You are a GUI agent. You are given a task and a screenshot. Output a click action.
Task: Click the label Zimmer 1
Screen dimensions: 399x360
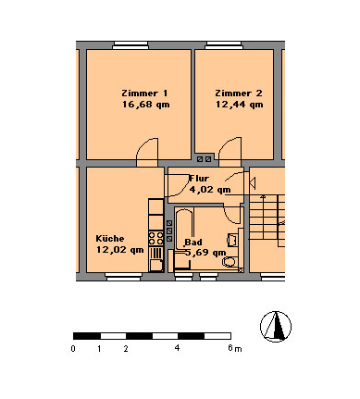coord(145,94)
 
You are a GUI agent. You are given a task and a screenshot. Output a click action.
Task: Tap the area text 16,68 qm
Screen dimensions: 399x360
coord(145,105)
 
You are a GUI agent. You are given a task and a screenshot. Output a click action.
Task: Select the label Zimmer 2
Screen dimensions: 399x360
coord(238,94)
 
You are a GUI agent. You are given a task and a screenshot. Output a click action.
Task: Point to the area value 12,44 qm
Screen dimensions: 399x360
coord(239,105)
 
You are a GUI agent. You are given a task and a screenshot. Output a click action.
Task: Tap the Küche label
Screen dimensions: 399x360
coord(109,238)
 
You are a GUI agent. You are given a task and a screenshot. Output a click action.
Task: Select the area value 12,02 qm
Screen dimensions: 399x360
coord(118,249)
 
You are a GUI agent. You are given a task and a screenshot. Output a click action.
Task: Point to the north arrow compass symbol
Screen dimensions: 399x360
coord(276,326)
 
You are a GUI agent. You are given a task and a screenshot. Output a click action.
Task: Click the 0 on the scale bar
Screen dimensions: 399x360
coord(73,349)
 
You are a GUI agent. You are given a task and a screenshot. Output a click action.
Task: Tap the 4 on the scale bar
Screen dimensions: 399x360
coord(177,349)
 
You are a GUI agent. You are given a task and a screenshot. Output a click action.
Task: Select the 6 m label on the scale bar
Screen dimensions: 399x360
coord(232,349)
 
